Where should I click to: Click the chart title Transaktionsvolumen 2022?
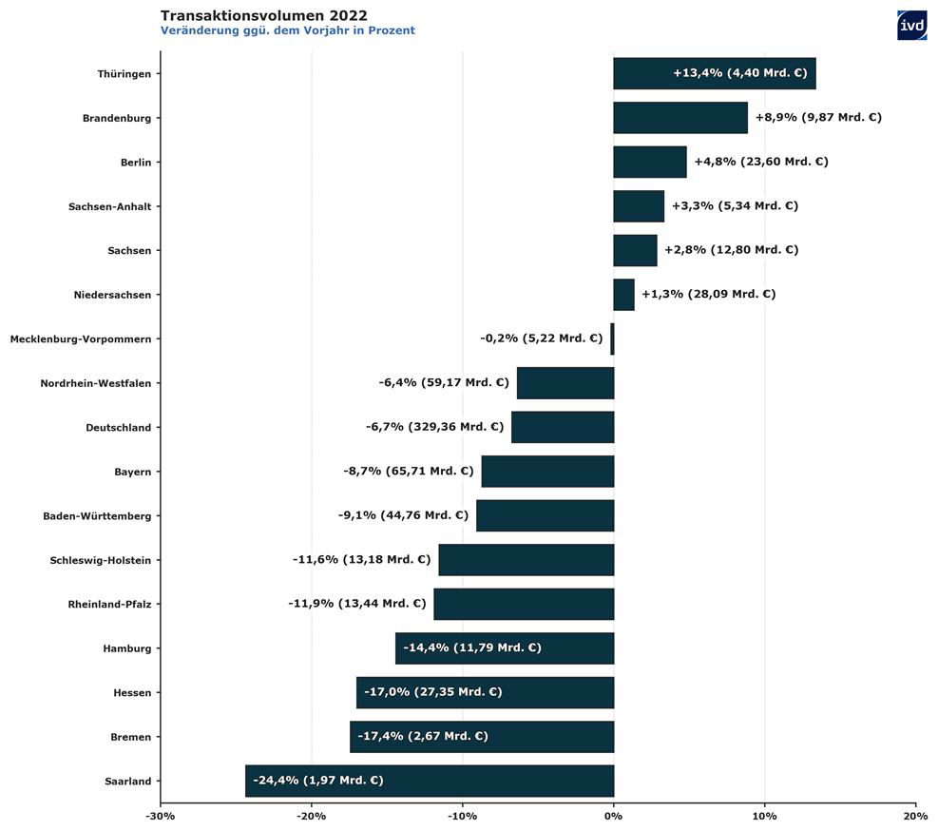pos(264,15)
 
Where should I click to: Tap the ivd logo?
pos(911,26)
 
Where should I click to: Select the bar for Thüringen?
pos(714,73)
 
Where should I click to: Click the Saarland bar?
pos(430,781)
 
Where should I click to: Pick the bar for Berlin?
pos(650,162)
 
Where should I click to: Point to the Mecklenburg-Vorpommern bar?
pos(612,338)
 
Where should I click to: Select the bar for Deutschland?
pos(563,427)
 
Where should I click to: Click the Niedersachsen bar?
pos(623,294)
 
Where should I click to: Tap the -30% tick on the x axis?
pos(160,816)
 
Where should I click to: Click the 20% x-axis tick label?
pos(915,816)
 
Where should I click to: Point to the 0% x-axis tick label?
pos(613,816)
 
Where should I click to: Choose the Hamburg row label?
pos(127,648)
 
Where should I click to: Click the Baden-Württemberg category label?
pos(97,515)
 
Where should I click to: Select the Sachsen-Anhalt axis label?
pos(109,206)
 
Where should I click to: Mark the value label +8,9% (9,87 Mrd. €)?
pos(818,118)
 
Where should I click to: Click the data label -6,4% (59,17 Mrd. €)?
pos(444,383)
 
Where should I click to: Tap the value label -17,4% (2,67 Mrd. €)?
pos(423,736)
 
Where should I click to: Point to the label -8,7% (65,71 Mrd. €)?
pos(409,471)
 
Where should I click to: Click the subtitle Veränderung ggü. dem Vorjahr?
pos(287,30)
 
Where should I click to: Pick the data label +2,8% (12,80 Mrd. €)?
pos(731,250)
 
